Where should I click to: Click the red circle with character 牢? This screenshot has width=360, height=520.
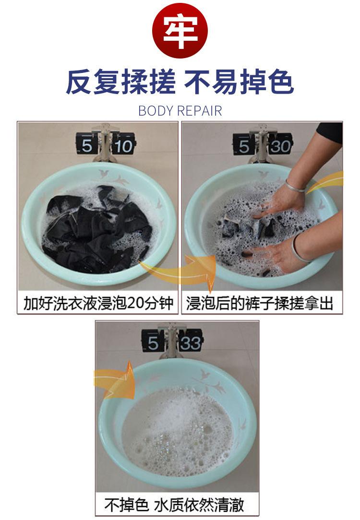(180, 31)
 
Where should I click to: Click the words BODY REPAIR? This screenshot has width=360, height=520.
(180, 111)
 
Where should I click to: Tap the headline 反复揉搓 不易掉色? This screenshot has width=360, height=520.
(180, 82)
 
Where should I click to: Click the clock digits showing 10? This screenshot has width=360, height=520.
(123, 145)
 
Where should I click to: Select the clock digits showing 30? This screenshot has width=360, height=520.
(280, 145)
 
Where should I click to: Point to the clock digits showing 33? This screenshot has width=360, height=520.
(191, 343)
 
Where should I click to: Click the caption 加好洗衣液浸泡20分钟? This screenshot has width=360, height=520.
(98, 303)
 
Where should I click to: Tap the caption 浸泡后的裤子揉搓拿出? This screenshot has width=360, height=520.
(260, 303)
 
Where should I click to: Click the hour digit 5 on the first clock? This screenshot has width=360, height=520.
(87, 145)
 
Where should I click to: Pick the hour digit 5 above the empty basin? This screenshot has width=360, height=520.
(153, 343)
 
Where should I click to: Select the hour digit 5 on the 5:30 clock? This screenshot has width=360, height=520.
(244, 145)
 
